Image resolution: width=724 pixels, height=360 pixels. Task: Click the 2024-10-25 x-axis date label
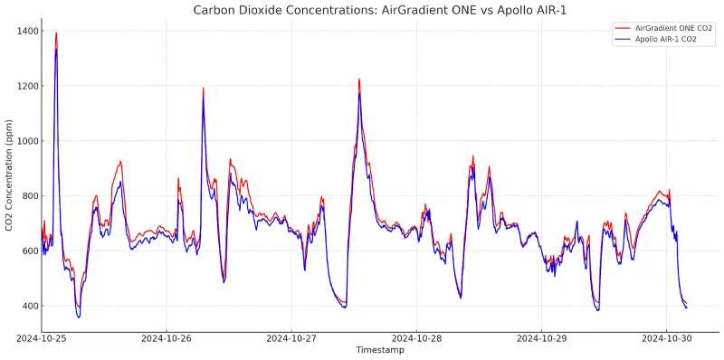pyautogui.click(x=42, y=337)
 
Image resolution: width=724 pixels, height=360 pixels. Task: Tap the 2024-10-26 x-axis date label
pyautogui.click(x=167, y=337)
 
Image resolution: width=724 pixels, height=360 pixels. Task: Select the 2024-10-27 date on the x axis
pyautogui.click(x=291, y=337)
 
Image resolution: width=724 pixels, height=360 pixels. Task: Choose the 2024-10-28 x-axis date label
pyautogui.click(x=416, y=337)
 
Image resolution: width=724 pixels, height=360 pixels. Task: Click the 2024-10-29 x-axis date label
pyautogui.click(x=541, y=337)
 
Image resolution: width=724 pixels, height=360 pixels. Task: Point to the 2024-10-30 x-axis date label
pyautogui.click(x=666, y=337)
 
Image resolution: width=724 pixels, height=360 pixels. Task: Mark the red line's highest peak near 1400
pyautogui.click(x=56, y=33)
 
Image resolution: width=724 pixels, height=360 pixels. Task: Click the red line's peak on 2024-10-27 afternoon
pyautogui.click(x=359, y=80)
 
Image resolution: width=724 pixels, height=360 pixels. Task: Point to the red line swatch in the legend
pyautogui.click(x=622, y=28)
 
